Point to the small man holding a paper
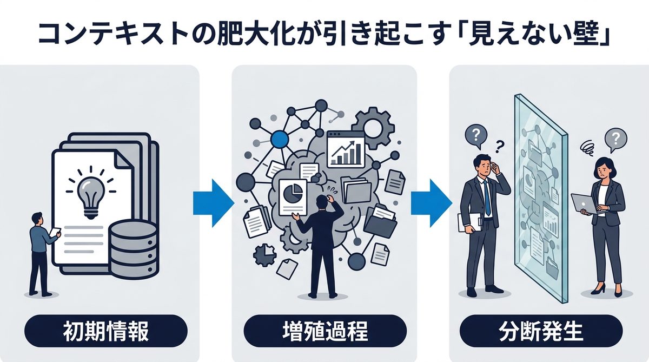pos(41,252)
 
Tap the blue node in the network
pos(279,140)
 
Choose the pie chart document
pos(293,198)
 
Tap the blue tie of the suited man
pos(488,198)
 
